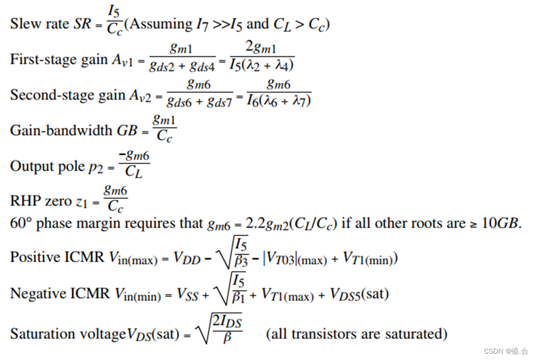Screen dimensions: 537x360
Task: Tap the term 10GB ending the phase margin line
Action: (x=502, y=224)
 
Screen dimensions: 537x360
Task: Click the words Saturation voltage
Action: (x=65, y=333)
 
